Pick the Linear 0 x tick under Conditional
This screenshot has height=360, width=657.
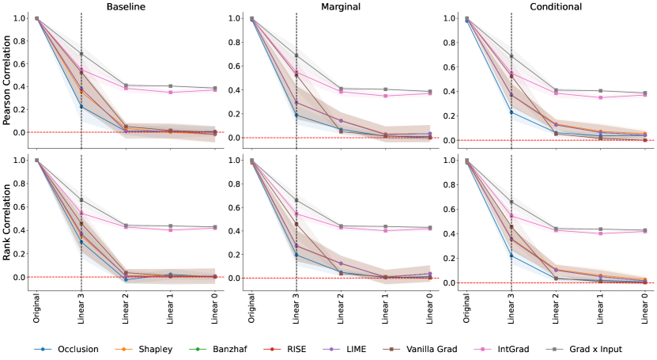(645, 307)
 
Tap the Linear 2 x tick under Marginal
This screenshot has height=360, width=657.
(341, 307)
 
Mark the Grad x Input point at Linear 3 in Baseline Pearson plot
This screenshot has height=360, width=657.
(81, 54)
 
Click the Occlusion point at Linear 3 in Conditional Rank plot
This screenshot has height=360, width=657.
(512, 256)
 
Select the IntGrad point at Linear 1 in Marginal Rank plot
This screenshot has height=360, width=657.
(386, 230)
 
